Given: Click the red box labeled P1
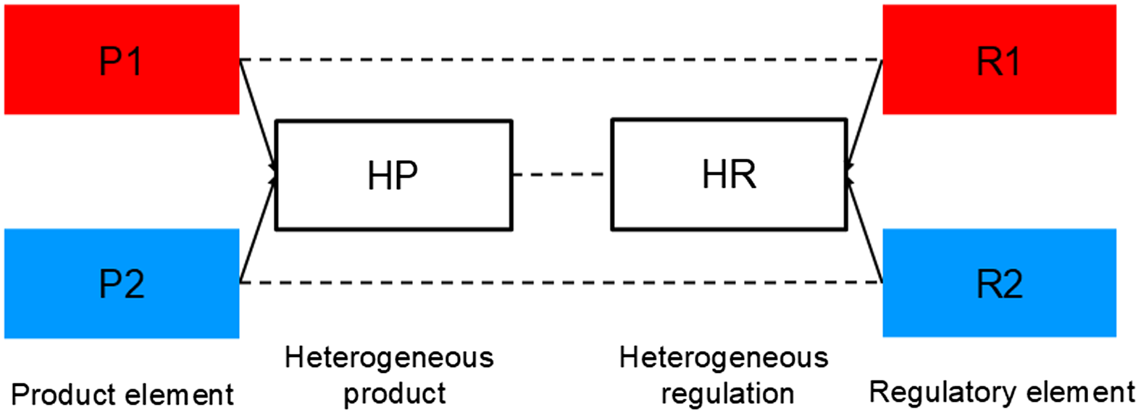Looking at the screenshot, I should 122,59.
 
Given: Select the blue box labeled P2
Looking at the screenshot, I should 122,283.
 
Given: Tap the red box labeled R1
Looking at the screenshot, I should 999,59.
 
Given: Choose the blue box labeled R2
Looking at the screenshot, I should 999,283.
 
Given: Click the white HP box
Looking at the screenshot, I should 393,175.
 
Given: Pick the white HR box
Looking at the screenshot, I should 729,175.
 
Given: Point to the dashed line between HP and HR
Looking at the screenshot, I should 561,174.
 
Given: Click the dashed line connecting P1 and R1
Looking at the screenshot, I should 561,59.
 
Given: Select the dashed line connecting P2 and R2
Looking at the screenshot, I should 561,282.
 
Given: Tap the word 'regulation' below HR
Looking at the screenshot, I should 727,394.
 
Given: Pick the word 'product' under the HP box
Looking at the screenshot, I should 394,394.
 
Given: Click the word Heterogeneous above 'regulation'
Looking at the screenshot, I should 724,358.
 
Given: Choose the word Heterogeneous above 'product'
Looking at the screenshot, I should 389,358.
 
